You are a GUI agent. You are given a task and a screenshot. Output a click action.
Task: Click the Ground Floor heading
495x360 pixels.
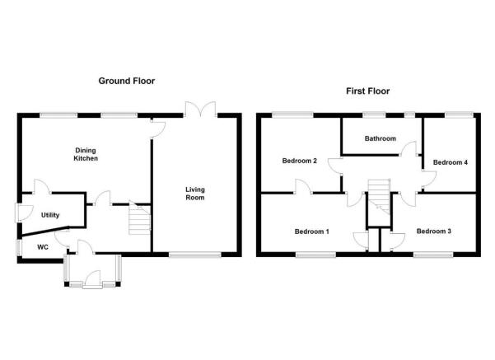point(127,81)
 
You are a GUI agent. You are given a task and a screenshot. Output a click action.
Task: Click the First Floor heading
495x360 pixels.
point(368,91)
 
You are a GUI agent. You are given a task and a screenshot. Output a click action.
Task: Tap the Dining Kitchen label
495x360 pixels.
point(86,154)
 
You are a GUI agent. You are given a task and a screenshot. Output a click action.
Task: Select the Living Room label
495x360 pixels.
point(194,194)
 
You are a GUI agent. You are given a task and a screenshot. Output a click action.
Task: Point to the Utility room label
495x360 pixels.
point(50,215)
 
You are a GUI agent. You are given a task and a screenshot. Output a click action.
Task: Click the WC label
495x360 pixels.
point(43,247)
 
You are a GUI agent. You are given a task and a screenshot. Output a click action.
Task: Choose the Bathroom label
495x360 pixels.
point(380,138)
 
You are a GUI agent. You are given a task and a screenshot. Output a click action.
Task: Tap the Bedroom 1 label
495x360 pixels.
point(311,231)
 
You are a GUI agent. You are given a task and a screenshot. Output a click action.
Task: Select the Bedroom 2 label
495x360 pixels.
point(299,161)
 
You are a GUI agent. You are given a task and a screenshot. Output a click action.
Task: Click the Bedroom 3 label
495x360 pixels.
point(434,231)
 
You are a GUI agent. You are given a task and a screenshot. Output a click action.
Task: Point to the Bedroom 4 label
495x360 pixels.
point(451,162)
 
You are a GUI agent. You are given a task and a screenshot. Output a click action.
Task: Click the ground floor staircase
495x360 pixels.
point(139,217)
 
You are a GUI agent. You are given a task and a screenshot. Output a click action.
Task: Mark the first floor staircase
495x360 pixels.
point(380,196)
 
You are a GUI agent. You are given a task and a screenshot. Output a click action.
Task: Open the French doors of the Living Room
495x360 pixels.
point(201,109)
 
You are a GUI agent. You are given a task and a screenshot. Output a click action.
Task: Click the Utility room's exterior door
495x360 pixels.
point(25,213)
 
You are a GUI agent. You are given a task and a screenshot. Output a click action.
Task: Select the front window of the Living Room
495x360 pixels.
point(195,255)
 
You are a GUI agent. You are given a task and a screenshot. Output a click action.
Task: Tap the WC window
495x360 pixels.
point(19,248)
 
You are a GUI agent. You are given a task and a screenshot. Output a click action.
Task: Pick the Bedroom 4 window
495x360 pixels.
point(460,115)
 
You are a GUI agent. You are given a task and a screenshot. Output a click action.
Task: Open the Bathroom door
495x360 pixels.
point(409,148)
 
